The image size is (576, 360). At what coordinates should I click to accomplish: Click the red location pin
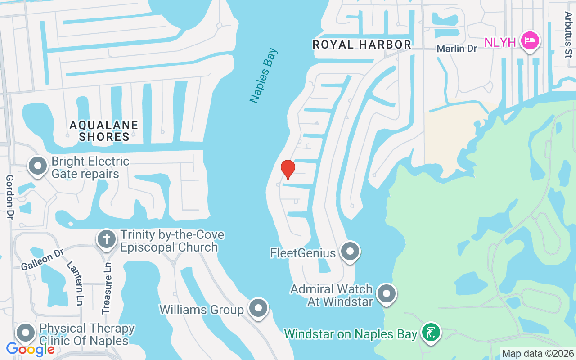pyautogui.click(x=288, y=169)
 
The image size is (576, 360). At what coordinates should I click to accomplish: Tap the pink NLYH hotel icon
pyautogui.click(x=530, y=41)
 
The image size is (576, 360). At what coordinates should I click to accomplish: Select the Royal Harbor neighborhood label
pyautogui.click(x=362, y=45)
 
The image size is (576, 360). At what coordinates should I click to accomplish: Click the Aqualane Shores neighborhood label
pyautogui.click(x=104, y=130)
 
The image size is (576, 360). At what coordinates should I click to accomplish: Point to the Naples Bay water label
pyautogui.click(x=265, y=76)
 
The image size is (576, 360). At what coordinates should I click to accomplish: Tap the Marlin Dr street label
pyautogui.click(x=457, y=48)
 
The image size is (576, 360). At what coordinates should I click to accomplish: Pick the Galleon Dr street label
pyautogui.click(x=42, y=260)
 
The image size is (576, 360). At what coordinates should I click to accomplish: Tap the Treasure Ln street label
pyautogui.click(x=107, y=288)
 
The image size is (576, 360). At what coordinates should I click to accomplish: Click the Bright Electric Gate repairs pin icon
pyautogui.click(x=38, y=166)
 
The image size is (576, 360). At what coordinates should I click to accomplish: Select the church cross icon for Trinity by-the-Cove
pyautogui.click(x=107, y=238)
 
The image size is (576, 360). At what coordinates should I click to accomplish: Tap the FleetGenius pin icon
pyautogui.click(x=350, y=252)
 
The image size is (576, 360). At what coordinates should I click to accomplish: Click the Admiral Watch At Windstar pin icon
pyautogui.click(x=386, y=294)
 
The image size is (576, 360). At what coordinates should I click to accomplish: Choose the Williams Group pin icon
pyautogui.click(x=258, y=309)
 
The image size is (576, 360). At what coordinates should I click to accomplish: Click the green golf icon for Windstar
pyautogui.click(x=431, y=333)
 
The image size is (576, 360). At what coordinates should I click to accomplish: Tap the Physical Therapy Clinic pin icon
pyautogui.click(x=26, y=333)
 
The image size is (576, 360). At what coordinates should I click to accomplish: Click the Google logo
pyautogui.click(x=30, y=349)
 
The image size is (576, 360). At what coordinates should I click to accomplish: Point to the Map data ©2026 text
pyautogui.click(x=538, y=354)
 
